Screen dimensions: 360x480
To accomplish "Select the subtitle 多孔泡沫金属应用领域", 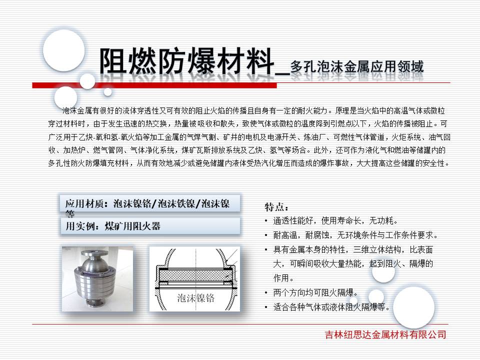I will (357, 66).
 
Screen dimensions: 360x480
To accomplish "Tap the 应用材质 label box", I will (150, 204).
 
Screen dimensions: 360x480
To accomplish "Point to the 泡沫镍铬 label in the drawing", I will (195, 298).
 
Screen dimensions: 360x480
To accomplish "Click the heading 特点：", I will (276, 207).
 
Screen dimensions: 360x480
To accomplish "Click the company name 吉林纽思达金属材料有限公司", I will (384, 334).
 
